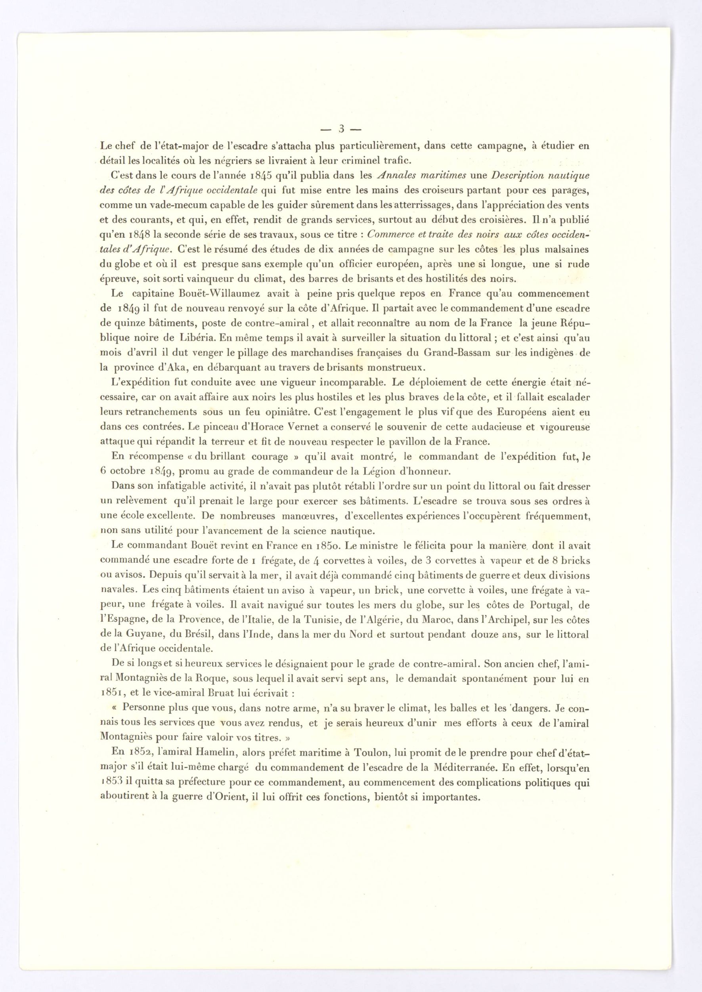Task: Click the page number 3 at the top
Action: click(341, 129)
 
